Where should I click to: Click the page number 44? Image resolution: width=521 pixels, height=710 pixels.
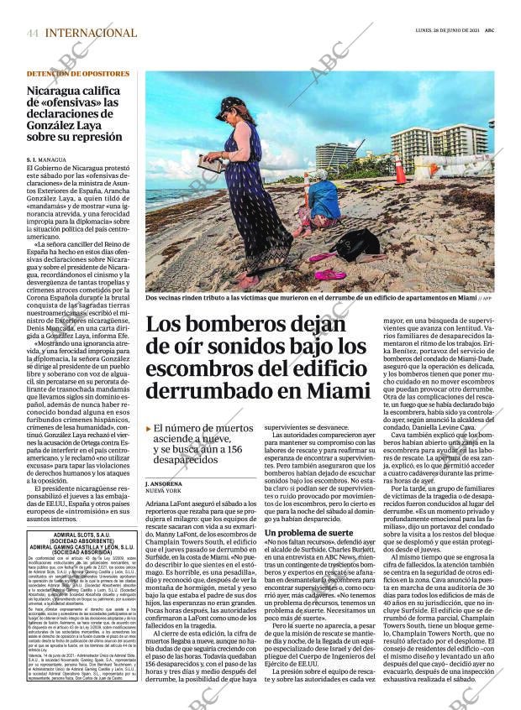pos(32,33)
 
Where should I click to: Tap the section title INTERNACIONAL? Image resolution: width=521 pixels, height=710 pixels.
pos(91,33)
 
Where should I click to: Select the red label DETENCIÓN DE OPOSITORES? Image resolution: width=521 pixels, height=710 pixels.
pos(78,74)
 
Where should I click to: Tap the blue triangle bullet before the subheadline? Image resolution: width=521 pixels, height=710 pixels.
pos(149,428)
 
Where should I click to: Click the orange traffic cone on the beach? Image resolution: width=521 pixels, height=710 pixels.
pos(401,170)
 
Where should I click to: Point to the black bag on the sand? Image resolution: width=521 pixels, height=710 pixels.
pos(357,244)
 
